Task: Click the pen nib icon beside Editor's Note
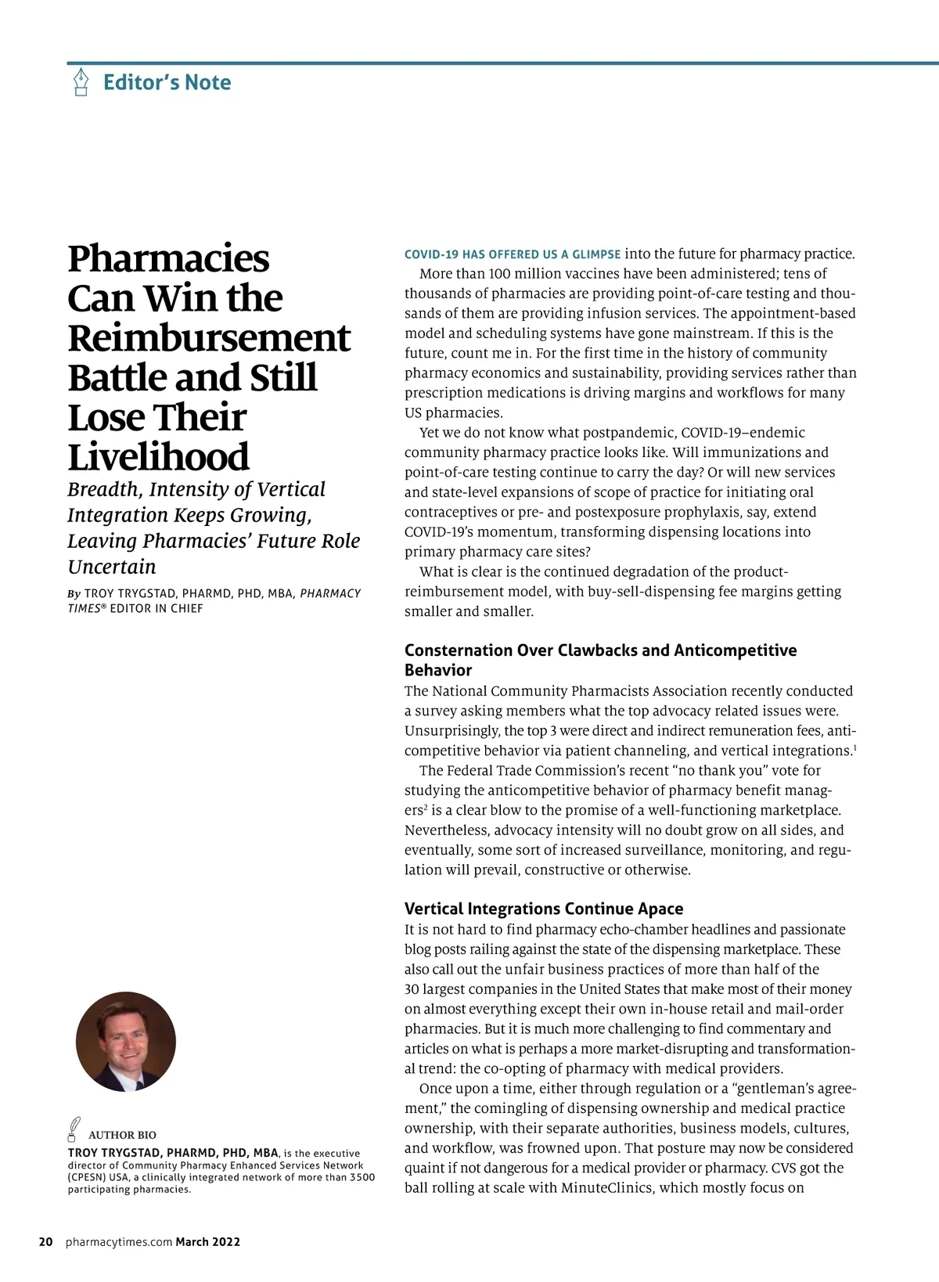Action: (81, 82)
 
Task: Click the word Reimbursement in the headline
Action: (209, 338)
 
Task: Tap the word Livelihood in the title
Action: (158, 457)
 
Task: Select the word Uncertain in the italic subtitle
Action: (112, 567)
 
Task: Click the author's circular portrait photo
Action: (126, 1042)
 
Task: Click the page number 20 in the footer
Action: (46, 1241)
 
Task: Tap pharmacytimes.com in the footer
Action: (119, 1241)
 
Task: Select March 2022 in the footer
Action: (207, 1241)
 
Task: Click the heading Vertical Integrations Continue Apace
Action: (544, 909)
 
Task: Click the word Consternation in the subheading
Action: (459, 650)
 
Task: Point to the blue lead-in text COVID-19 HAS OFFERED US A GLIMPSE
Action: (513, 254)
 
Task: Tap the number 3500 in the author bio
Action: (362, 1177)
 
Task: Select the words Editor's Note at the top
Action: (167, 82)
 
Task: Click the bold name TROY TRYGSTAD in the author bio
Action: (114, 1153)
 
